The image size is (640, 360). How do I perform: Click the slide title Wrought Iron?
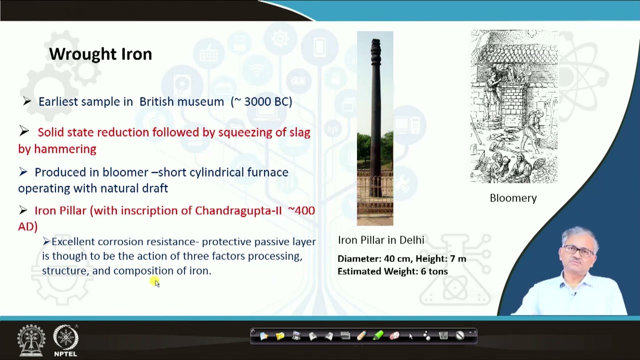(x=100, y=54)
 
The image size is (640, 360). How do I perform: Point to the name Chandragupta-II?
(x=238, y=210)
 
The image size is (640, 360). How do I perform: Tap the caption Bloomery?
(x=513, y=198)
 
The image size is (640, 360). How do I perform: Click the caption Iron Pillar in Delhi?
(x=381, y=240)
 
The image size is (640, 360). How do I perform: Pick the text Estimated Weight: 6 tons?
(x=392, y=271)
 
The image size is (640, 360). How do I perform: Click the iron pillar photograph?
(x=375, y=128)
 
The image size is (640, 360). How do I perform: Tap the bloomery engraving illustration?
(x=513, y=106)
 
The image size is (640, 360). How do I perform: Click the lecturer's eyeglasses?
(x=578, y=249)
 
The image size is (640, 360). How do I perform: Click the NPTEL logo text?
(x=65, y=353)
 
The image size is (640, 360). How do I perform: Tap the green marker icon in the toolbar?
(x=377, y=336)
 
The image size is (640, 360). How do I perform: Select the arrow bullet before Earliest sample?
(x=27, y=101)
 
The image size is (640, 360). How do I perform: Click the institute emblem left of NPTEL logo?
(x=31, y=340)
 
